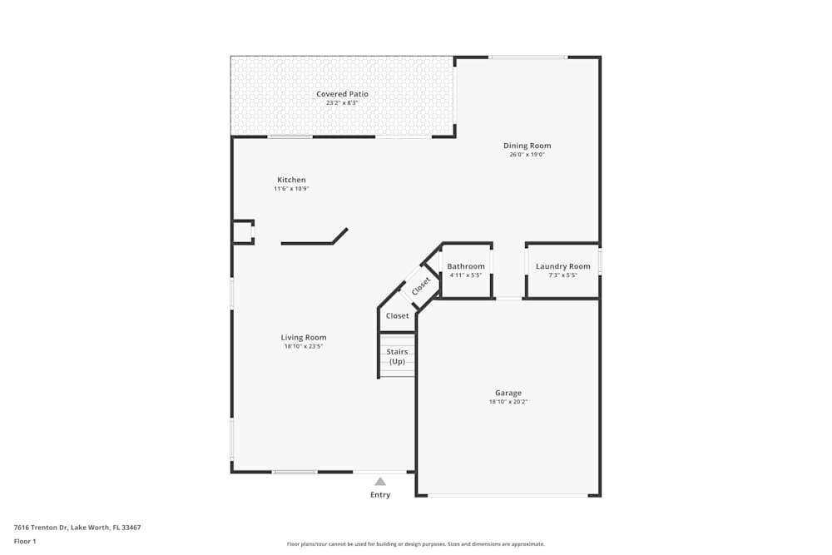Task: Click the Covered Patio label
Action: [x=342, y=94]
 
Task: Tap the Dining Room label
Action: [x=527, y=146]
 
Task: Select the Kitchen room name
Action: [x=291, y=180]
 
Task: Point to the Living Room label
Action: [x=304, y=337]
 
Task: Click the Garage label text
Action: [x=508, y=393]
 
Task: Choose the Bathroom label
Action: [x=466, y=266]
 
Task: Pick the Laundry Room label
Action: [x=562, y=266]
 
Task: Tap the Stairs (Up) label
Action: [x=398, y=356]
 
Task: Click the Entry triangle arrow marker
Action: [x=380, y=481]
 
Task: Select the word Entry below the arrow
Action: [x=380, y=495]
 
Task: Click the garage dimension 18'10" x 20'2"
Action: [x=508, y=402]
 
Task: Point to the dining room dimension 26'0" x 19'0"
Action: [x=527, y=155]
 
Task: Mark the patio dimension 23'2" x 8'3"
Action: [x=342, y=103]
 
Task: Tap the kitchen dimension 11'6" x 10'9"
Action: [x=291, y=189]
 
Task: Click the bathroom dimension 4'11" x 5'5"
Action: [x=466, y=275]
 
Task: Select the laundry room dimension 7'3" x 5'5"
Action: [x=562, y=275]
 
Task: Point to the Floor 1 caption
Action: [x=26, y=541]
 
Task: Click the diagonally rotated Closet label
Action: [x=421, y=285]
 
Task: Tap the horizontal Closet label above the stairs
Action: [x=398, y=316]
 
